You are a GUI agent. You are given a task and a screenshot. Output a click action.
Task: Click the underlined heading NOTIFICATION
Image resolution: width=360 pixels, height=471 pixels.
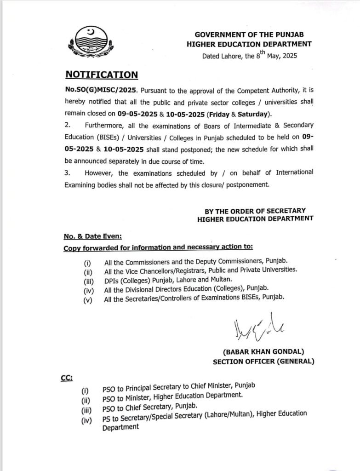[101, 75]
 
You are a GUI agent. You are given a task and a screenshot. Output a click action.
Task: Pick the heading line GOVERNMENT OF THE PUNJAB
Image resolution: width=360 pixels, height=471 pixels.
[249, 34]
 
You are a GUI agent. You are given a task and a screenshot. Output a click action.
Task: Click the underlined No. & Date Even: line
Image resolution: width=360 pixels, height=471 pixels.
[92, 236]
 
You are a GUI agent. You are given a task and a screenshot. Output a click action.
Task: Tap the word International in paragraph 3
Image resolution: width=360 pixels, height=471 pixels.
[295, 172]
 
